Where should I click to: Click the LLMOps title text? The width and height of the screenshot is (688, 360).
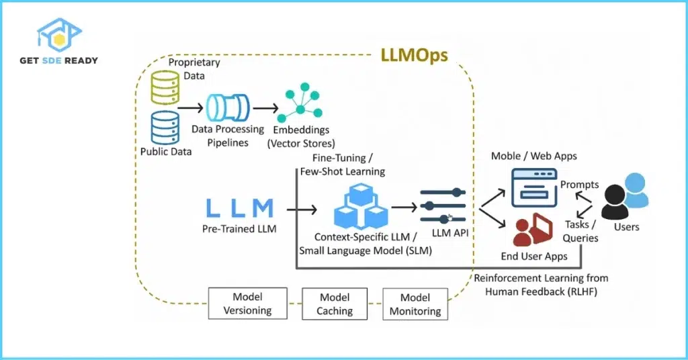point(415,55)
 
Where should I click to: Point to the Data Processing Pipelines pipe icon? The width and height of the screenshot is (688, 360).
point(228,107)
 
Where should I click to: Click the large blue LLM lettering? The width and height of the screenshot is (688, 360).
point(240,208)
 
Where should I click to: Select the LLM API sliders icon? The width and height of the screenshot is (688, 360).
point(443,205)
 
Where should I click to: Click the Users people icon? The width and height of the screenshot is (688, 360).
point(626,197)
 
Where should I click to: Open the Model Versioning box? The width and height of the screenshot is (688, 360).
point(248,304)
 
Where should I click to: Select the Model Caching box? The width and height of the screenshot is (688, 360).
point(335,304)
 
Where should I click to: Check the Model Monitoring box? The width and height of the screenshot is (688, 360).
point(415,304)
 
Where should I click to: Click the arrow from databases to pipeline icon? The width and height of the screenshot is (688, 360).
point(191,107)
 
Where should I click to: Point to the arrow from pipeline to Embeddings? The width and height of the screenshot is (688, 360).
point(265,107)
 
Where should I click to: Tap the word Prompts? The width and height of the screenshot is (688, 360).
point(579,184)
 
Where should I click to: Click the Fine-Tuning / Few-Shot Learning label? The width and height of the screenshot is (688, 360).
point(348,165)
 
